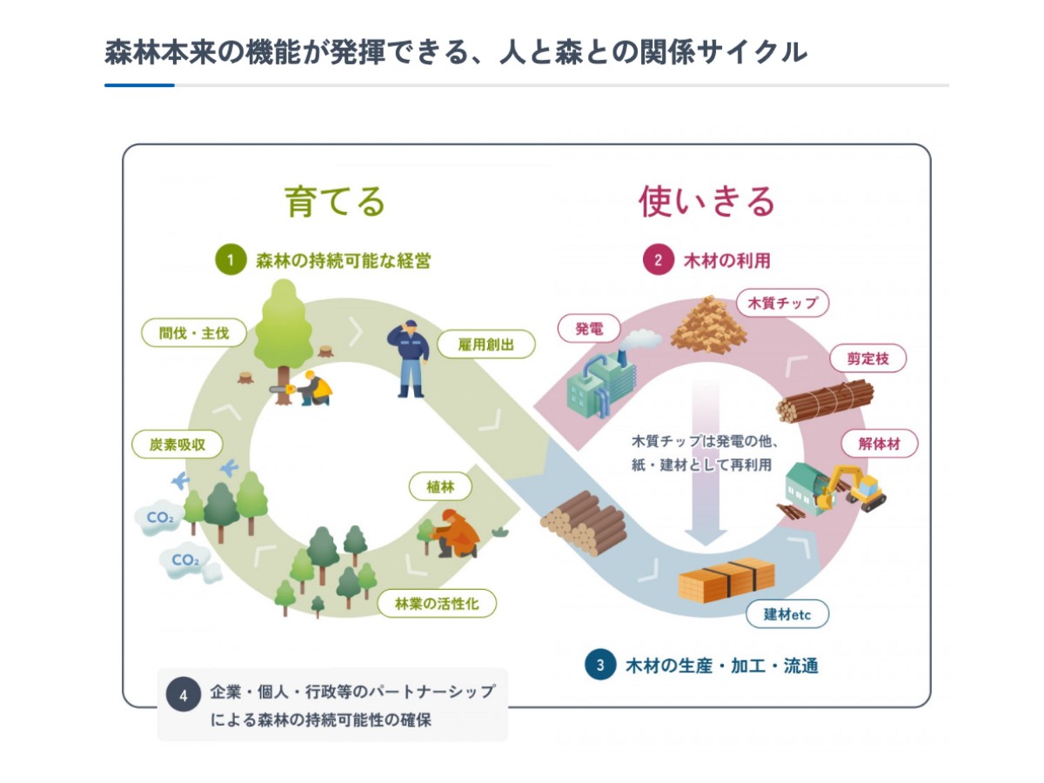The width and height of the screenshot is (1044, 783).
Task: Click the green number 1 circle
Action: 231,260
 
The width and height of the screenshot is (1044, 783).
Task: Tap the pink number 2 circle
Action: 658,260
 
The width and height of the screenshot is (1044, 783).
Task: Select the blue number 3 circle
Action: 600,666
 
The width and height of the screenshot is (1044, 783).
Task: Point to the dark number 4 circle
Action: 184,695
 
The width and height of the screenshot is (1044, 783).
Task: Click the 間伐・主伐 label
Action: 194,332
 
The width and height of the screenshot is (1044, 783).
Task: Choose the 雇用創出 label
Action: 486,345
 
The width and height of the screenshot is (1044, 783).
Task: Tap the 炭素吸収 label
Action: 177,445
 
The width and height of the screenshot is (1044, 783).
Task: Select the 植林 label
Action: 441,487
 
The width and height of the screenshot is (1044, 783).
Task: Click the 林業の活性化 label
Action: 438,603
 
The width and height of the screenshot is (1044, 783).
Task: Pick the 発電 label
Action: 589,330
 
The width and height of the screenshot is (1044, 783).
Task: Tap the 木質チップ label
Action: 783,303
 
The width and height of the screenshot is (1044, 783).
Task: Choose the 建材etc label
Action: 787,614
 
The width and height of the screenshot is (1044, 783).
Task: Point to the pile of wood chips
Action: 707,325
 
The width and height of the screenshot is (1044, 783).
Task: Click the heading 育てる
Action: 335,202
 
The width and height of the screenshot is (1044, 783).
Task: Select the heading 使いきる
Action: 706,202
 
